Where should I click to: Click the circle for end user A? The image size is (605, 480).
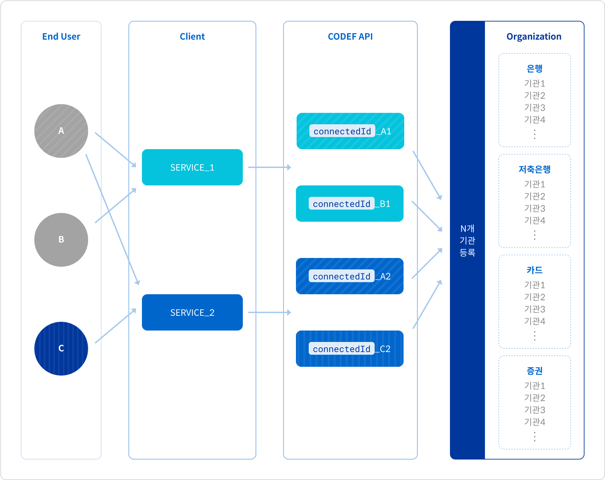[x=61, y=131]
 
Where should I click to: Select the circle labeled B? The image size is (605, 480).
[x=61, y=240]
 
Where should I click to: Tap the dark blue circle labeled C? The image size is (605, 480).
[x=61, y=349]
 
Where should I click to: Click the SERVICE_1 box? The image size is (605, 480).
[x=192, y=167]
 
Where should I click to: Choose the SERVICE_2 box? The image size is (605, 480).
[x=192, y=312]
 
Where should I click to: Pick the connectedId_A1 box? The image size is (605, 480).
[x=350, y=131]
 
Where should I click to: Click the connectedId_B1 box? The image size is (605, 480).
[x=350, y=204]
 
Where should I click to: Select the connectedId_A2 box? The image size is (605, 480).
[x=350, y=276]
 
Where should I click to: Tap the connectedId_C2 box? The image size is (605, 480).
[x=350, y=349]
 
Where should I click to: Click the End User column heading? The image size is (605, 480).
[x=61, y=36]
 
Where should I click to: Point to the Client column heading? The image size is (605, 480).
[x=192, y=36]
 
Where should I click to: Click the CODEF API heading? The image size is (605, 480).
[x=350, y=36]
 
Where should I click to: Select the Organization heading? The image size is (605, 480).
[x=534, y=37]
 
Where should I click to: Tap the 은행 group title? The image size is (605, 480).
[x=535, y=69]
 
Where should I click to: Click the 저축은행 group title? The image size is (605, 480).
[x=535, y=169]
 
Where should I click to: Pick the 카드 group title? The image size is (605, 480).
[x=535, y=270]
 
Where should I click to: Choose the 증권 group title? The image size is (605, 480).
[x=535, y=371]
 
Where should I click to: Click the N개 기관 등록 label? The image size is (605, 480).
[x=467, y=241]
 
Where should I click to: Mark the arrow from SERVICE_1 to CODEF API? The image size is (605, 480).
[x=270, y=167]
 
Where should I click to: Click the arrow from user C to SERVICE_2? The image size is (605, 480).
[x=116, y=326]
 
